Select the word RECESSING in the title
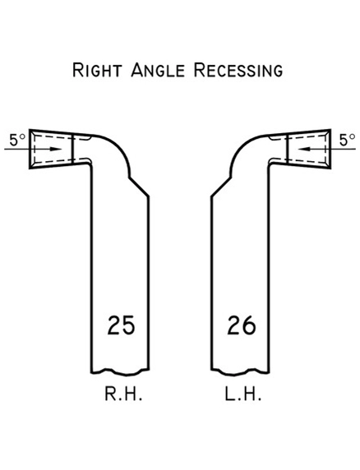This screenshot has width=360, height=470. (x=238, y=69)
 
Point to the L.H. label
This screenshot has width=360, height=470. (x=242, y=395)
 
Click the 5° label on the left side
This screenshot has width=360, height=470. (x=16, y=140)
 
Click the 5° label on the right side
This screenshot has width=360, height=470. (x=346, y=140)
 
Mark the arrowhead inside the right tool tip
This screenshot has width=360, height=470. (x=302, y=149)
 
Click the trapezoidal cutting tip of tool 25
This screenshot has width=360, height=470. (x=50, y=148)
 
